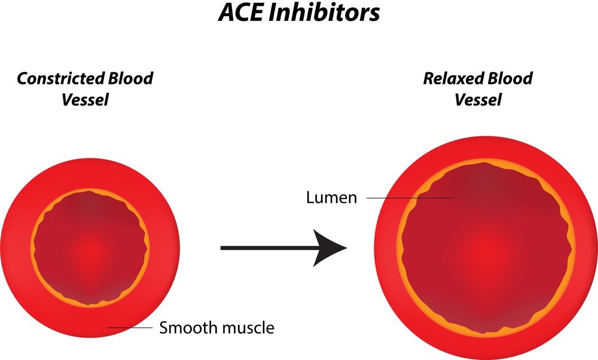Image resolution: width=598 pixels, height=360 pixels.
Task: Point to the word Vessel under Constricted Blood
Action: (85, 99)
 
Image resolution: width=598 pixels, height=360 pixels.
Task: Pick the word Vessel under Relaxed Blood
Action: (478, 99)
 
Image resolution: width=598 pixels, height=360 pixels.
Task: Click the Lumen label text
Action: (331, 197)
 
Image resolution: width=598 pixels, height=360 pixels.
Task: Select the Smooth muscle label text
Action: (216, 328)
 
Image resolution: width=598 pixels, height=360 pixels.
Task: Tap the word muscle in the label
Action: (248, 328)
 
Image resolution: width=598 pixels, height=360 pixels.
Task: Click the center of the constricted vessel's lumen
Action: (90, 247)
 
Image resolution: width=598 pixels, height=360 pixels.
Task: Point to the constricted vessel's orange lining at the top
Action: (90, 192)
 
